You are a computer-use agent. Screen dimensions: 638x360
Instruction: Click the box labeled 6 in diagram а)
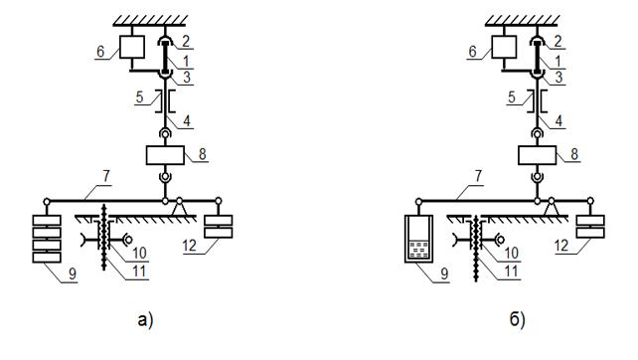tap(132, 47)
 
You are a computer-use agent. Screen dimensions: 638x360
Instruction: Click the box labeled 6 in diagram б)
tap(504, 47)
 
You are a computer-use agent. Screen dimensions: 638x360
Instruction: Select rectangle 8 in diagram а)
tap(165, 155)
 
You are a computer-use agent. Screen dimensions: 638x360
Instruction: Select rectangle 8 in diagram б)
tap(537, 155)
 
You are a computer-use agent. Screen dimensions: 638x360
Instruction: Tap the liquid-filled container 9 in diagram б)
tap(418, 239)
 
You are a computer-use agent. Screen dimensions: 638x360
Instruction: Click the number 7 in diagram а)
tap(105, 177)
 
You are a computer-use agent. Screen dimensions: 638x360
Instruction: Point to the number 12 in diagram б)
tap(561, 246)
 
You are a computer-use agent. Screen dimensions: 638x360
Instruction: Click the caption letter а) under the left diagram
tap(145, 320)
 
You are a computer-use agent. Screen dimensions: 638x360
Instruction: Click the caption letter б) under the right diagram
tap(518, 319)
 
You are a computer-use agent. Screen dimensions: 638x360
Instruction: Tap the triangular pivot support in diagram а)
tap(180, 208)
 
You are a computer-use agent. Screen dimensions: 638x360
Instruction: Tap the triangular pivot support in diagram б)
tap(552, 208)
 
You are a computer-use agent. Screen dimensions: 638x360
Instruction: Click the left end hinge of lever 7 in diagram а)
tap(47, 201)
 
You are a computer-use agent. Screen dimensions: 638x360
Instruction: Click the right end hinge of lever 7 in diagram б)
tap(590, 201)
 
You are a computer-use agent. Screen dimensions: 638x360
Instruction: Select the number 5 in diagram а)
tap(139, 96)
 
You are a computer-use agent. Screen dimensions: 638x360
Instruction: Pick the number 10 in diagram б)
tap(512, 254)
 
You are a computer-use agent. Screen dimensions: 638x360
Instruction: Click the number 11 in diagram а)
tap(139, 271)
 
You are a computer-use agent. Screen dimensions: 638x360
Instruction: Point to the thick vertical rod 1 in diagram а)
tap(165, 57)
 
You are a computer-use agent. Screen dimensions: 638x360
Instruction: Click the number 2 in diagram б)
tap(558, 41)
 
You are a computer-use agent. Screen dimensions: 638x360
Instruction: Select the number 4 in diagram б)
tap(558, 120)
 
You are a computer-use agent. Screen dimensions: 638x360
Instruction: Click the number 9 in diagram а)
tap(72, 274)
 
